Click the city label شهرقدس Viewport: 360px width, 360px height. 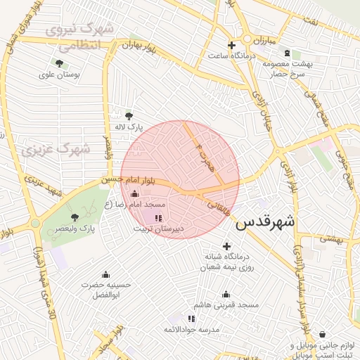[x=265, y=224]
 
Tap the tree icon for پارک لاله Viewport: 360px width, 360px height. [x=129, y=116]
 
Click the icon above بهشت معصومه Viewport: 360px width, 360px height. [x=287, y=53]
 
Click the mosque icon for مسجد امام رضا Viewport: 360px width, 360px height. [x=135, y=193]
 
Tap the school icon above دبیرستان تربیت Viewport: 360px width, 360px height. [x=157, y=218]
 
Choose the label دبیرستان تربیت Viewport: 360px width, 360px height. [x=159, y=229]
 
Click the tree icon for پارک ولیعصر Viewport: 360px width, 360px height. [x=75, y=217]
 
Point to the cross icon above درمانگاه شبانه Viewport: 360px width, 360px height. [x=226, y=246]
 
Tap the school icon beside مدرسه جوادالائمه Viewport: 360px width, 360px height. [x=192, y=319]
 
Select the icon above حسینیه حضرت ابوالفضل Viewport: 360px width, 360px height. [x=105, y=274]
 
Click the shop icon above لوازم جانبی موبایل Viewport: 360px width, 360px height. [x=322, y=335]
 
